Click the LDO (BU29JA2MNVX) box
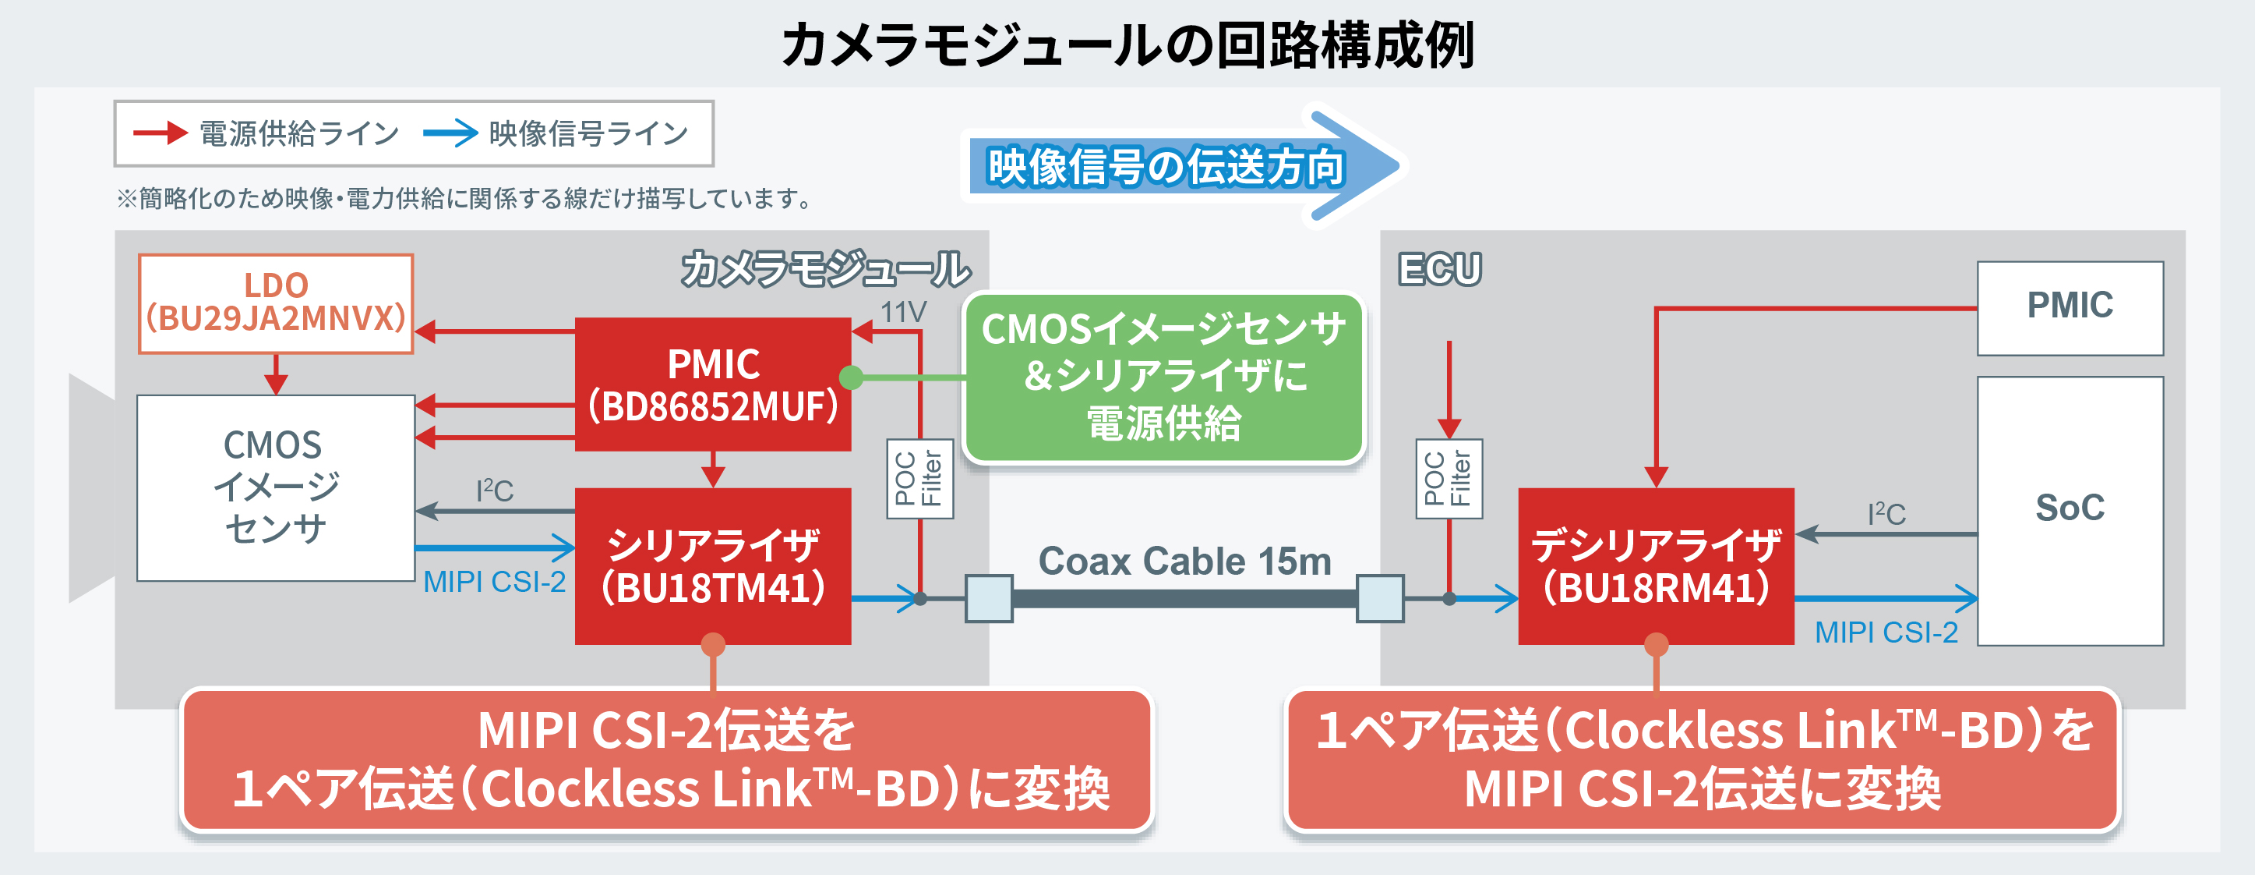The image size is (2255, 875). pos(276,303)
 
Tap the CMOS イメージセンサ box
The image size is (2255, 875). pos(275,487)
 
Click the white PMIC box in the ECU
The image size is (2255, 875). pos(2070,307)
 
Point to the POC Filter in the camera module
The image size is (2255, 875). pos(919,478)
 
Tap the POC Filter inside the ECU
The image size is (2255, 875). pos(1449,478)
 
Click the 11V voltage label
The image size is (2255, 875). pos(902,312)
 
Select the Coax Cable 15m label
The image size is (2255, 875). pos(1184,561)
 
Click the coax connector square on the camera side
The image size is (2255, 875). pos(988,598)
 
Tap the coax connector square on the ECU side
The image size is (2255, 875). pos(1380,598)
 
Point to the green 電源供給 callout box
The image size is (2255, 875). pos(1163,377)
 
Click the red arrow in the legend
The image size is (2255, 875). pos(161,133)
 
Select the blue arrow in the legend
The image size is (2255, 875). pos(450,133)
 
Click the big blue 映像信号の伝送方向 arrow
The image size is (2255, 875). pos(1182,165)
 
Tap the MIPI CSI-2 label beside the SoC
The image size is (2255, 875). pos(1886,632)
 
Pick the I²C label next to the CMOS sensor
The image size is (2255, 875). pos(495,491)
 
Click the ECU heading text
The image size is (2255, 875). pos(1439,269)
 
